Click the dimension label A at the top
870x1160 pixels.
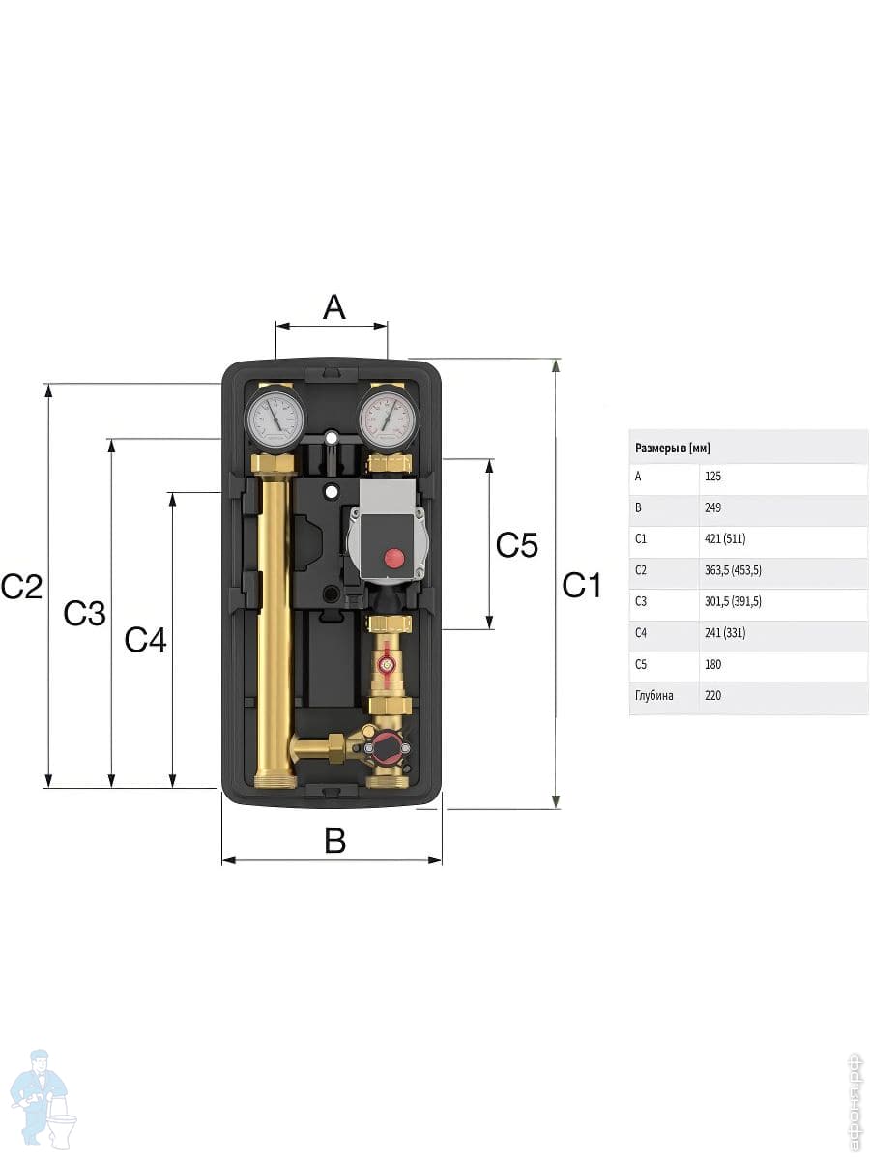click(x=333, y=307)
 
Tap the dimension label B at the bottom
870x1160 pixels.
click(x=334, y=841)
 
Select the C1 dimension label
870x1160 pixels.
click(x=582, y=585)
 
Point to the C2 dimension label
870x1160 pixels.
click(x=22, y=586)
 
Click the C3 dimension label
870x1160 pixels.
click(x=84, y=612)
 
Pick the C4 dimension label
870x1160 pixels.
click(x=146, y=639)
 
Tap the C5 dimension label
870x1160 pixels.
click(x=516, y=545)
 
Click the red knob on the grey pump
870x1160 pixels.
click(x=394, y=558)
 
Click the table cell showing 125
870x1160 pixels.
click(x=713, y=477)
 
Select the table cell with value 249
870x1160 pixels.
click(x=713, y=507)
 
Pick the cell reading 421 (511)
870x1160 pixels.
click(x=725, y=538)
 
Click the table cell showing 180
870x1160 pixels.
click(x=713, y=664)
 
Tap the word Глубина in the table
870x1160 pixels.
click(x=654, y=695)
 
